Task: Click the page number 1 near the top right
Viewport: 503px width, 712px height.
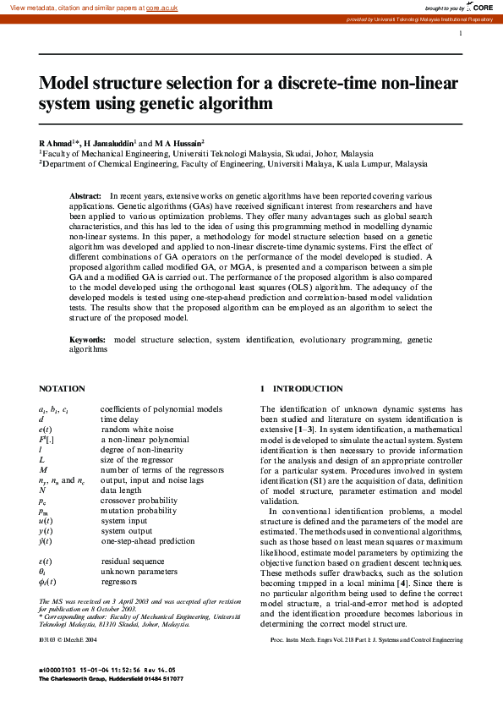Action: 461,34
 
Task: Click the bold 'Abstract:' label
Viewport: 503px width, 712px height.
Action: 85,195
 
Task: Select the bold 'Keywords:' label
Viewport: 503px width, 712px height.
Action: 88,339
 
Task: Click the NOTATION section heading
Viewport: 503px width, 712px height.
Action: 62,389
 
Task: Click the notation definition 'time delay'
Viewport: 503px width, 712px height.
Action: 119,419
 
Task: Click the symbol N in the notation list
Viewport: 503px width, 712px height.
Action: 42,490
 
